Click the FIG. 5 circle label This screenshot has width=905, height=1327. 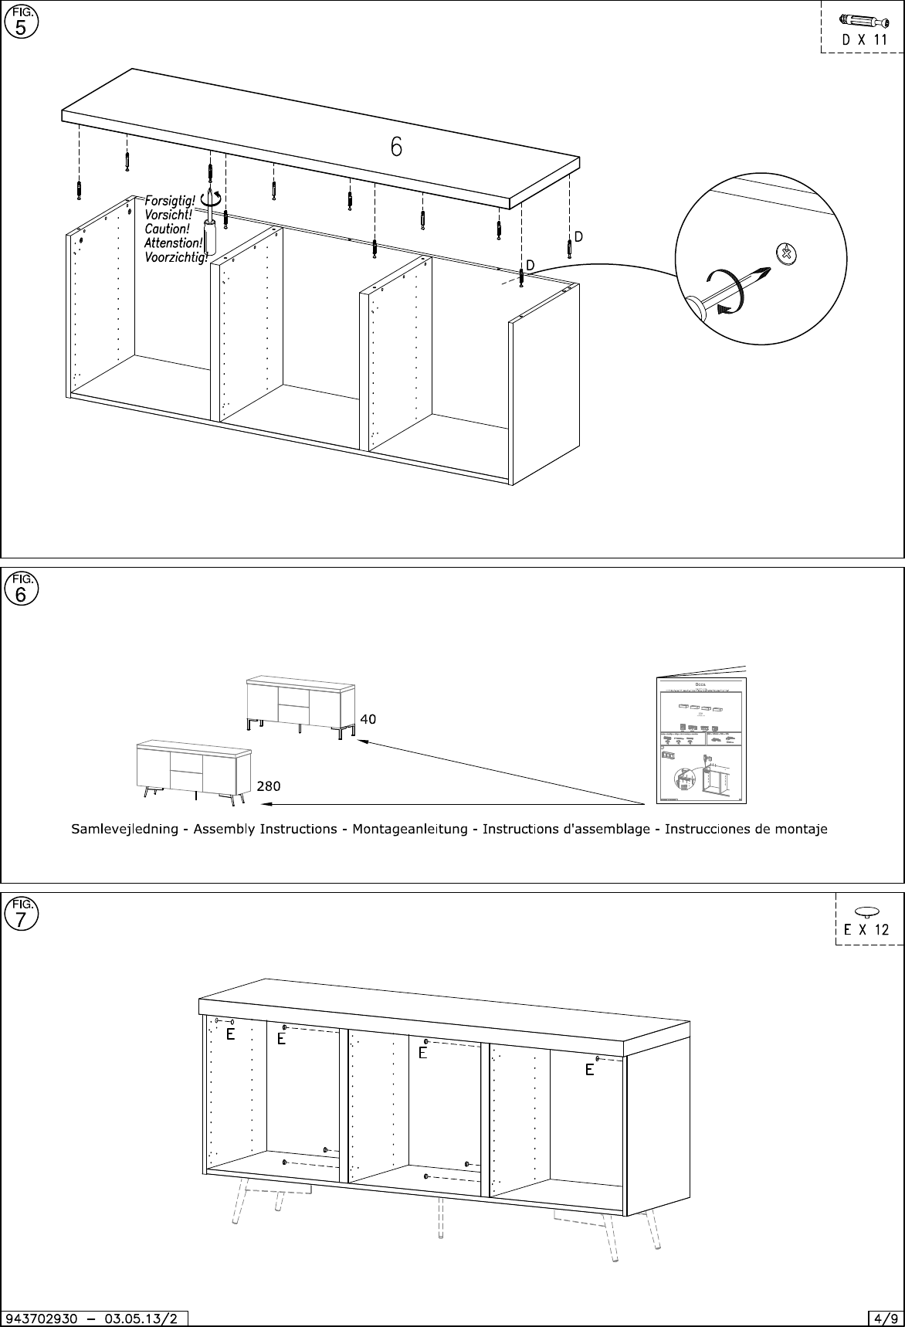click(21, 23)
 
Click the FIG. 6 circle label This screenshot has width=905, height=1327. click(21, 590)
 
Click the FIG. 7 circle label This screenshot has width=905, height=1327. click(21, 915)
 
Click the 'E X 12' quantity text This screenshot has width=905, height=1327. click(866, 930)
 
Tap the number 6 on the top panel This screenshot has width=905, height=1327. click(395, 147)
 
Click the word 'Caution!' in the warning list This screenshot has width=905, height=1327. click(166, 229)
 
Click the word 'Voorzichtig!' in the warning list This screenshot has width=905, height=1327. click(176, 257)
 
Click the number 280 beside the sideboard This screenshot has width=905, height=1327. click(268, 786)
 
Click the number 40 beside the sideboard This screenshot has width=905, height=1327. click(368, 718)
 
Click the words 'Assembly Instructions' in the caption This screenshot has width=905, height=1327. click(265, 830)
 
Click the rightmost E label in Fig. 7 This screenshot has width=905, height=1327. click(589, 1070)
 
